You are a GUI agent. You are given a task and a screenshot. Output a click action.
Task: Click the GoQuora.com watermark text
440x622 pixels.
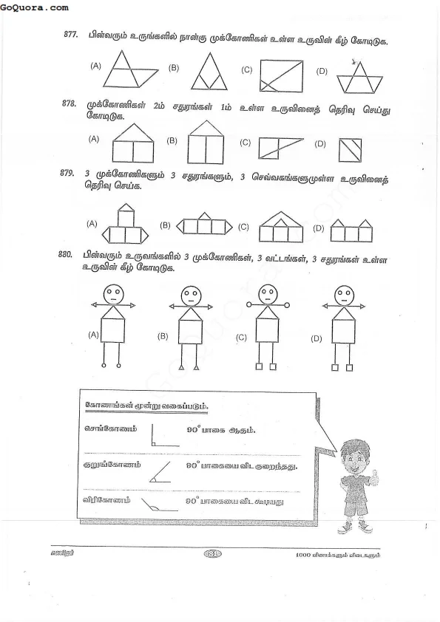click(35, 7)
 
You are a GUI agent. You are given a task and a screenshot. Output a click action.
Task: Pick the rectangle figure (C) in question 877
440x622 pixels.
click(280, 76)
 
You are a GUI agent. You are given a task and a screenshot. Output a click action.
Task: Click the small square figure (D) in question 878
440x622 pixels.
click(348, 150)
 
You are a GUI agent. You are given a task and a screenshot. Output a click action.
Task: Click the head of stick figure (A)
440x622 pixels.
click(113, 295)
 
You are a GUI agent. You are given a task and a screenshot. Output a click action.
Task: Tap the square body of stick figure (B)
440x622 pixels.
click(189, 325)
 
